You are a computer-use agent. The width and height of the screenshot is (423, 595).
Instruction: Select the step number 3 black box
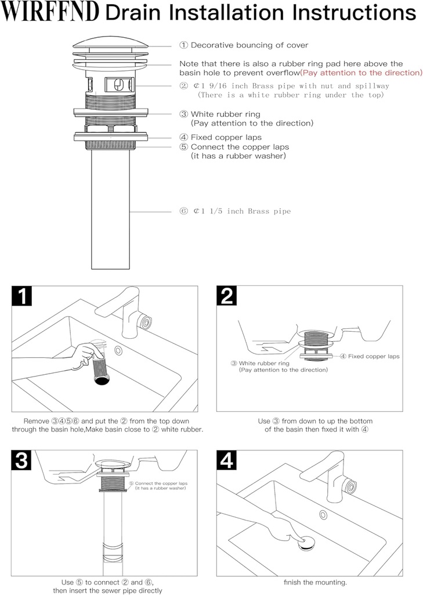click(x=22, y=460)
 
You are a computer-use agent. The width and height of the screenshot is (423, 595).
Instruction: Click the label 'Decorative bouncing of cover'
click(x=244, y=45)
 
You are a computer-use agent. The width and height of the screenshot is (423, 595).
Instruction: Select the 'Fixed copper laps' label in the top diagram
click(x=220, y=138)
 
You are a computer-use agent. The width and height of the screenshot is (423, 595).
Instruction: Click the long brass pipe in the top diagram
click(x=111, y=209)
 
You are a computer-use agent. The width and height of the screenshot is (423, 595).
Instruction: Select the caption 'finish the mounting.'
click(x=315, y=582)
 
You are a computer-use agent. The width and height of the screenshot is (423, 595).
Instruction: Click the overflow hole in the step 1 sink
click(x=118, y=350)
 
